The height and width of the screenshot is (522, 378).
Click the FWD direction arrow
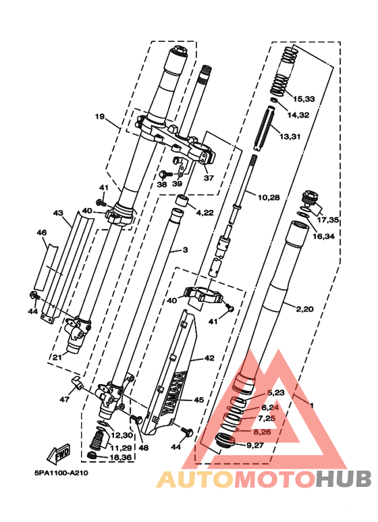coord(59,453)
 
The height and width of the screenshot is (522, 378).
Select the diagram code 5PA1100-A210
coord(61,473)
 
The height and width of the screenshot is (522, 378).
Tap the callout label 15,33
coord(304,99)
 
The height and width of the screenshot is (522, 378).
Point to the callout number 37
coord(209,178)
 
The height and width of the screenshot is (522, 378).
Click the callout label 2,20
coord(304,309)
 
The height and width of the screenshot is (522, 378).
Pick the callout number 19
coord(99,117)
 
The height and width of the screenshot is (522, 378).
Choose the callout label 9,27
coord(255,445)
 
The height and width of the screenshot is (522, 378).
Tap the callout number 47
coord(64,399)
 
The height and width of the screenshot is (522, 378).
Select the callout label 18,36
coord(120,458)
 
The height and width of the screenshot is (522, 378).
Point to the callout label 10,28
coord(269,197)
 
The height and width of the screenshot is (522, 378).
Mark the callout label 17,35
coord(328,220)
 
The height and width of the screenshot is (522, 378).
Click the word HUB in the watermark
coord(344,479)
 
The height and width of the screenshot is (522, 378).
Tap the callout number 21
coord(57,357)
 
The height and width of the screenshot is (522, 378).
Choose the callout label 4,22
coord(205,213)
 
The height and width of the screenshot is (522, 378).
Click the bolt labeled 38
coord(165,174)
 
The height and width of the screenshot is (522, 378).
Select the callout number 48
coord(144,448)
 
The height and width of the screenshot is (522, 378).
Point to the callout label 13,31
coord(290,136)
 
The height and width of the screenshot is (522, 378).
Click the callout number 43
coord(58,213)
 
